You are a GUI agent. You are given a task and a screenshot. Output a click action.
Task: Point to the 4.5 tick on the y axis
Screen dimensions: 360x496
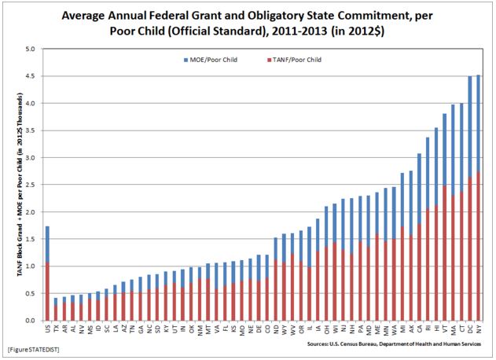tap(31, 75)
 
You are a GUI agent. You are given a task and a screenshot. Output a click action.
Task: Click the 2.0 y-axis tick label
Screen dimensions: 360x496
tap(31, 212)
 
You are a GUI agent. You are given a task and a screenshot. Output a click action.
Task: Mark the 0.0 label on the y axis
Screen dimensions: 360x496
tap(31, 321)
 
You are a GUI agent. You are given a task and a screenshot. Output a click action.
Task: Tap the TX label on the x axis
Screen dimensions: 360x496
tap(57, 329)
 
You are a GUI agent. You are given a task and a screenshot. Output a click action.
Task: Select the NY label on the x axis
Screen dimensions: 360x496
tap(479, 329)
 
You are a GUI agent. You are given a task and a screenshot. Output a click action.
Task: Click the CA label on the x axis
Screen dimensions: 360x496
tap(420, 329)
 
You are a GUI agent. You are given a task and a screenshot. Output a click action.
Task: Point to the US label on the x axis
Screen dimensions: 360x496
tap(47, 329)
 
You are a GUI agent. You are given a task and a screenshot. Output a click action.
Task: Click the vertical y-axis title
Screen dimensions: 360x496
tap(12, 185)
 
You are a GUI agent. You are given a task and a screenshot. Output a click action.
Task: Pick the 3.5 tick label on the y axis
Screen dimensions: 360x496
tap(31, 130)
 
